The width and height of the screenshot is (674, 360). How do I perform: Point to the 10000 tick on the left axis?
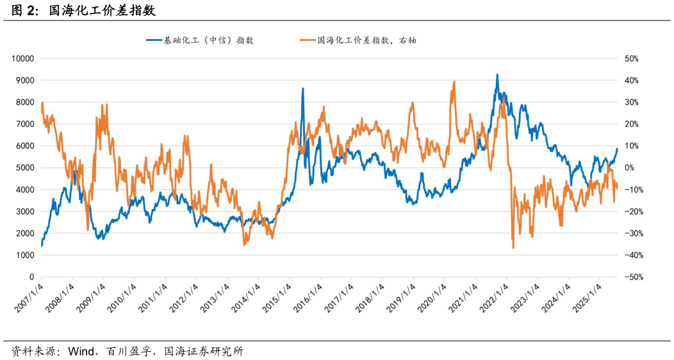(x=22, y=58)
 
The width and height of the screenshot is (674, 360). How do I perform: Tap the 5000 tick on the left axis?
(x=24, y=168)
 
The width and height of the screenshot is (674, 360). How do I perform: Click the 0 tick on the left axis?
(x=31, y=277)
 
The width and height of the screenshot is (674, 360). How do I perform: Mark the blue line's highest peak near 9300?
(x=497, y=74)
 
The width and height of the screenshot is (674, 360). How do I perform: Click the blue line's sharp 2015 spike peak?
(x=303, y=88)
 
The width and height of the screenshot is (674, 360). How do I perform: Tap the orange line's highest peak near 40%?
(x=454, y=81)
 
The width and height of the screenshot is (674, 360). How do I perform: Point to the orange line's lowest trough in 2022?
(x=513, y=248)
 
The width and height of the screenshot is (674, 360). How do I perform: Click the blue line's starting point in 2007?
(x=42, y=245)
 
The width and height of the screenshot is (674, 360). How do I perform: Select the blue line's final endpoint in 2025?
(x=618, y=149)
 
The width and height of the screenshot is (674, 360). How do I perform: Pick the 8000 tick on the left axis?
(x=24, y=102)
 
